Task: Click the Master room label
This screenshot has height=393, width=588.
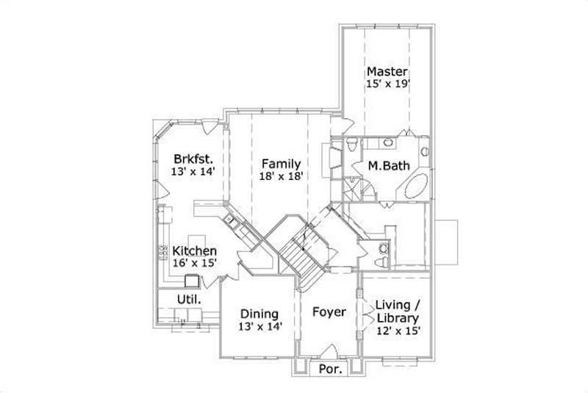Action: tap(387, 72)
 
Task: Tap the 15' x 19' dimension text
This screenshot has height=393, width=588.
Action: tap(387, 84)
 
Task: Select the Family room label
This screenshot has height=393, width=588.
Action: tap(279, 163)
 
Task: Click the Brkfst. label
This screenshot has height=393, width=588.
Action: tap(193, 158)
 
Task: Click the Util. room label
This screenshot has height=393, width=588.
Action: tap(189, 299)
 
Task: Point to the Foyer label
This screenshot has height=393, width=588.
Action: tap(329, 312)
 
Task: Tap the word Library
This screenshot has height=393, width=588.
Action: tap(397, 318)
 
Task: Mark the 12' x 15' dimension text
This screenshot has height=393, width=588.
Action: tap(397, 331)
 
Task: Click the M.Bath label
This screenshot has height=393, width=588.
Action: tap(383, 166)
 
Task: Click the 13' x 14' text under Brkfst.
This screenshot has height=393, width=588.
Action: tap(193, 170)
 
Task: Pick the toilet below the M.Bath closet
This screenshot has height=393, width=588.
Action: tap(381, 255)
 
